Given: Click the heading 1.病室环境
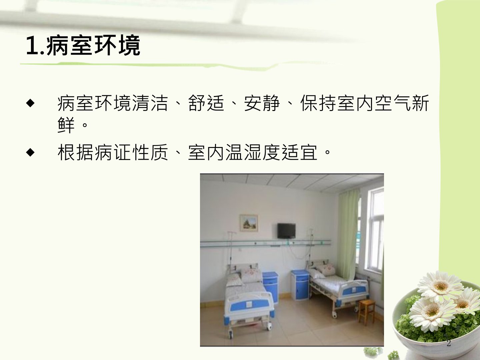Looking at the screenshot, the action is tap(83, 46).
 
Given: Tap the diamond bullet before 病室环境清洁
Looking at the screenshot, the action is tap(30, 103).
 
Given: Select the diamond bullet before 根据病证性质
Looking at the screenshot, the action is tap(30, 152).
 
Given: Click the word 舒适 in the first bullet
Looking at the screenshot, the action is tap(206, 103).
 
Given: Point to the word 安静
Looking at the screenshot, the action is tap(262, 103).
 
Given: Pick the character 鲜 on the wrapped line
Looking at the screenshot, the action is tap(66, 125).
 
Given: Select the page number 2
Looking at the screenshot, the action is tap(449, 343).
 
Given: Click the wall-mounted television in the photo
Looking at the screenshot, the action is tap(286, 231).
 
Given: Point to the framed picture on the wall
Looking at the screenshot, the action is tap(249, 223).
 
